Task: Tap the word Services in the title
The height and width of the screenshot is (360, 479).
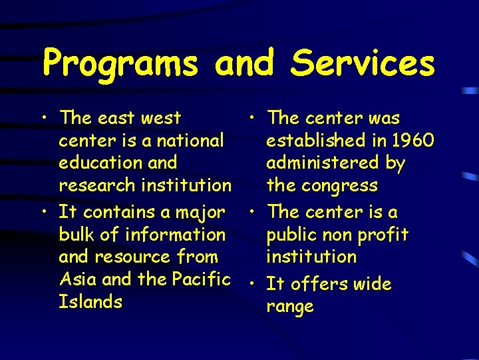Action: pyautogui.click(x=363, y=64)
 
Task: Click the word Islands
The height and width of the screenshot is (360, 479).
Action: pyautogui.click(x=90, y=301)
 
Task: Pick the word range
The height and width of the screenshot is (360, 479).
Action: pyautogui.click(x=289, y=307)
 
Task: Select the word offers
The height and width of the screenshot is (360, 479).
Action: pyautogui.click(x=324, y=284)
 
